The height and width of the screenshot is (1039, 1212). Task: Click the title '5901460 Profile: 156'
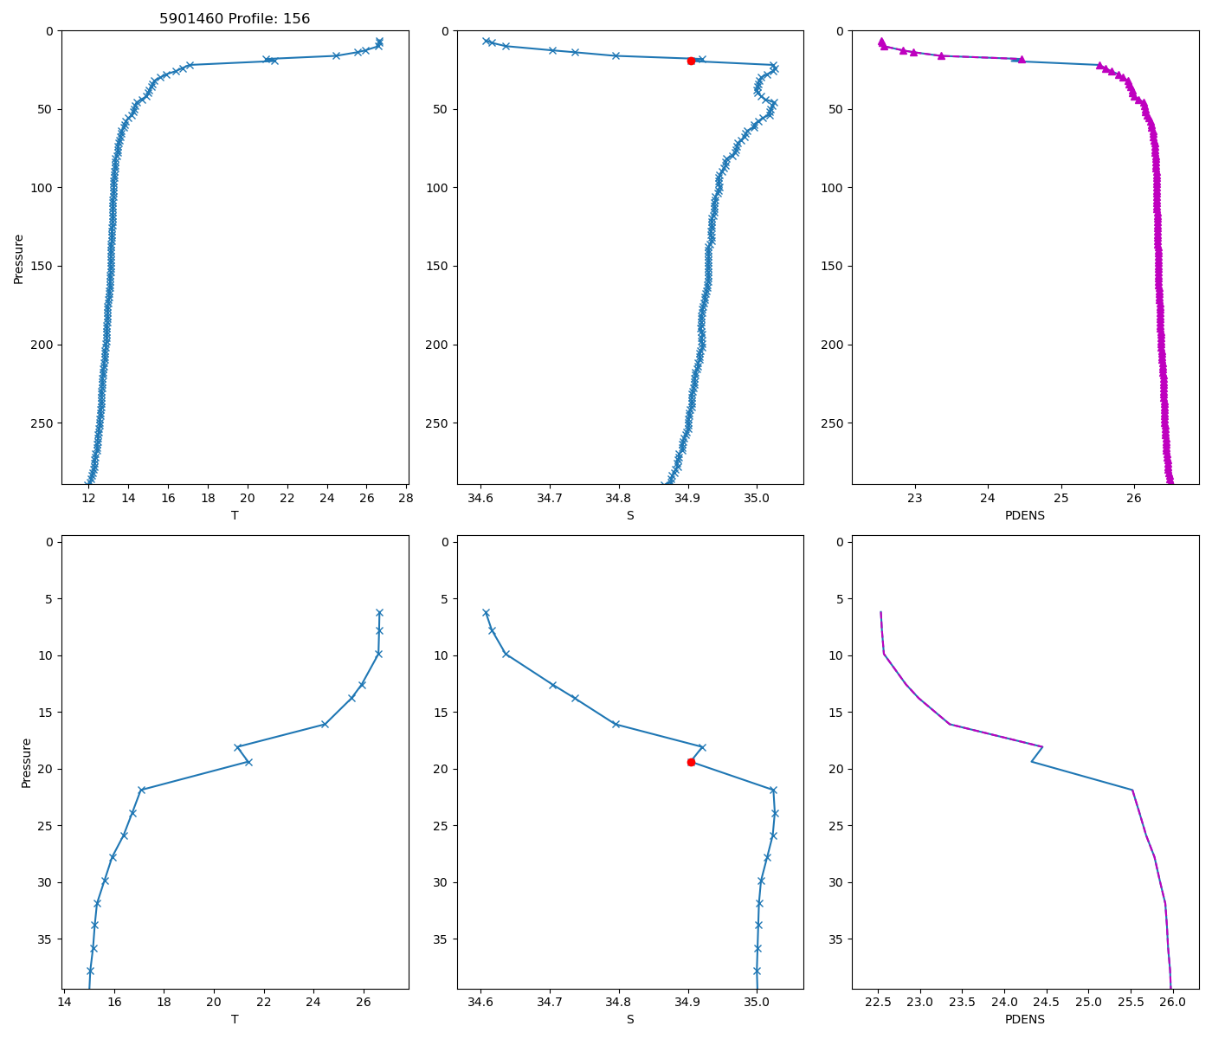pos(235,18)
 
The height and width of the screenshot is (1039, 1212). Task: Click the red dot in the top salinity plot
pos(691,61)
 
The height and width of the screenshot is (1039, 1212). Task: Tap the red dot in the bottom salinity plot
pos(691,762)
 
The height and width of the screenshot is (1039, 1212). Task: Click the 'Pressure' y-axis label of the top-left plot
pos(18,258)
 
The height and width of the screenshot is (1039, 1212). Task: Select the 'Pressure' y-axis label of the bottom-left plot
pos(26,763)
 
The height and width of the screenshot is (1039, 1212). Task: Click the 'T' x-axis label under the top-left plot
pos(235,515)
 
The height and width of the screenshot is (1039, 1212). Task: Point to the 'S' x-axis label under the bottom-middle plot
pos(630,1019)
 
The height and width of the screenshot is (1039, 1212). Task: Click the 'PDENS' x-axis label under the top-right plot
pos(1025,515)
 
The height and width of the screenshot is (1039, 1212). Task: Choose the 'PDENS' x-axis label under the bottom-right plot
pos(1025,1019)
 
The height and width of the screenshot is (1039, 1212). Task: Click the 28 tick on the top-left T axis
pos(406,498)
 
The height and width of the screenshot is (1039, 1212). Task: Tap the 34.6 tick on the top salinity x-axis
pos(480,498)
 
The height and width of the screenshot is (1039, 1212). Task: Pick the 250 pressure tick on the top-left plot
pos(45,423)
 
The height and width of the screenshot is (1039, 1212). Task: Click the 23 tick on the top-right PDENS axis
pos(915,498)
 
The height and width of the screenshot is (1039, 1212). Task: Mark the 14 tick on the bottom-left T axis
pos(64,1002)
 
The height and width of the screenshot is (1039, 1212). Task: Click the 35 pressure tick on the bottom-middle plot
pos(440,939)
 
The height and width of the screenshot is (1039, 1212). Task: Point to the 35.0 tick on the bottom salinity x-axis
pos(757,1002)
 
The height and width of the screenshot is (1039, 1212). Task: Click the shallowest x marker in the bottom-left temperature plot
pos(379,612)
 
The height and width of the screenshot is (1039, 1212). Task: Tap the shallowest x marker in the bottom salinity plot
pos(486,612)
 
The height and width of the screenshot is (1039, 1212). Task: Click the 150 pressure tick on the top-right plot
pos(835,266)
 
